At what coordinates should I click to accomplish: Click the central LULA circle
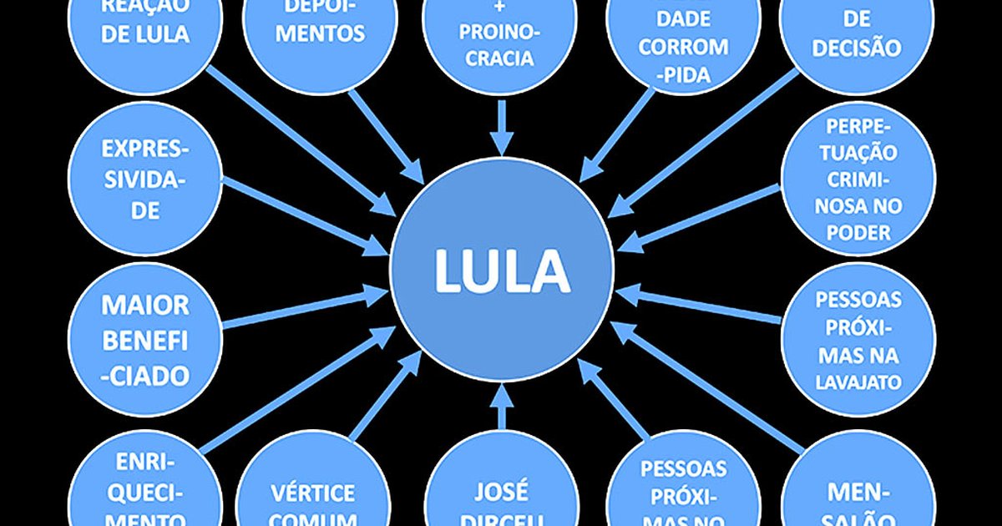pos(501,270)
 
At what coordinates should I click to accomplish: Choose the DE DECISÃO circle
pos(855,38)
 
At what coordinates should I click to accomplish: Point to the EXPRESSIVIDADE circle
pos(144,179)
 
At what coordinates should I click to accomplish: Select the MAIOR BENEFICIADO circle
pos(144,339)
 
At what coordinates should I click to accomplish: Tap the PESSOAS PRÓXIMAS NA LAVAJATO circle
pos(857,339)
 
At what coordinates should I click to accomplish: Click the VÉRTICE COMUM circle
pos(312,493)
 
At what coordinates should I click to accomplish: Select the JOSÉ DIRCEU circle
pos(501,493)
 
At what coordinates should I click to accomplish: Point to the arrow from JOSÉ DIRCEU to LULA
pos(501,407)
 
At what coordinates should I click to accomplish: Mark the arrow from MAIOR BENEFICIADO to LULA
pos(305,308)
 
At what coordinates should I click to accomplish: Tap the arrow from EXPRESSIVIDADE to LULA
pos(305,215)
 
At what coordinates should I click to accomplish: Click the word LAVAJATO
pos(857,382)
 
